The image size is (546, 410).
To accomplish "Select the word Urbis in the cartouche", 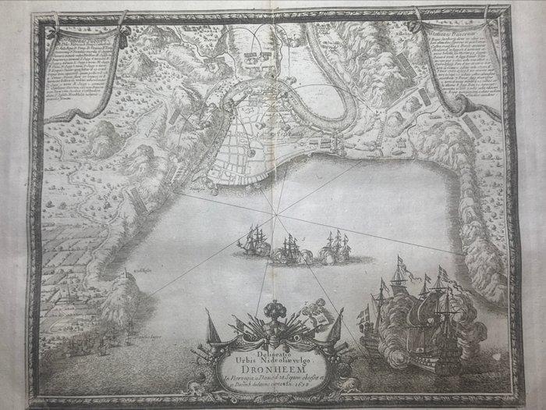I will click(x=252, y=340).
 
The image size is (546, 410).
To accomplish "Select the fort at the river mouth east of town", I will click(x=336, y=144).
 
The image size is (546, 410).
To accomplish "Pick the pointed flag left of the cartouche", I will click(x=207, y=322).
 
